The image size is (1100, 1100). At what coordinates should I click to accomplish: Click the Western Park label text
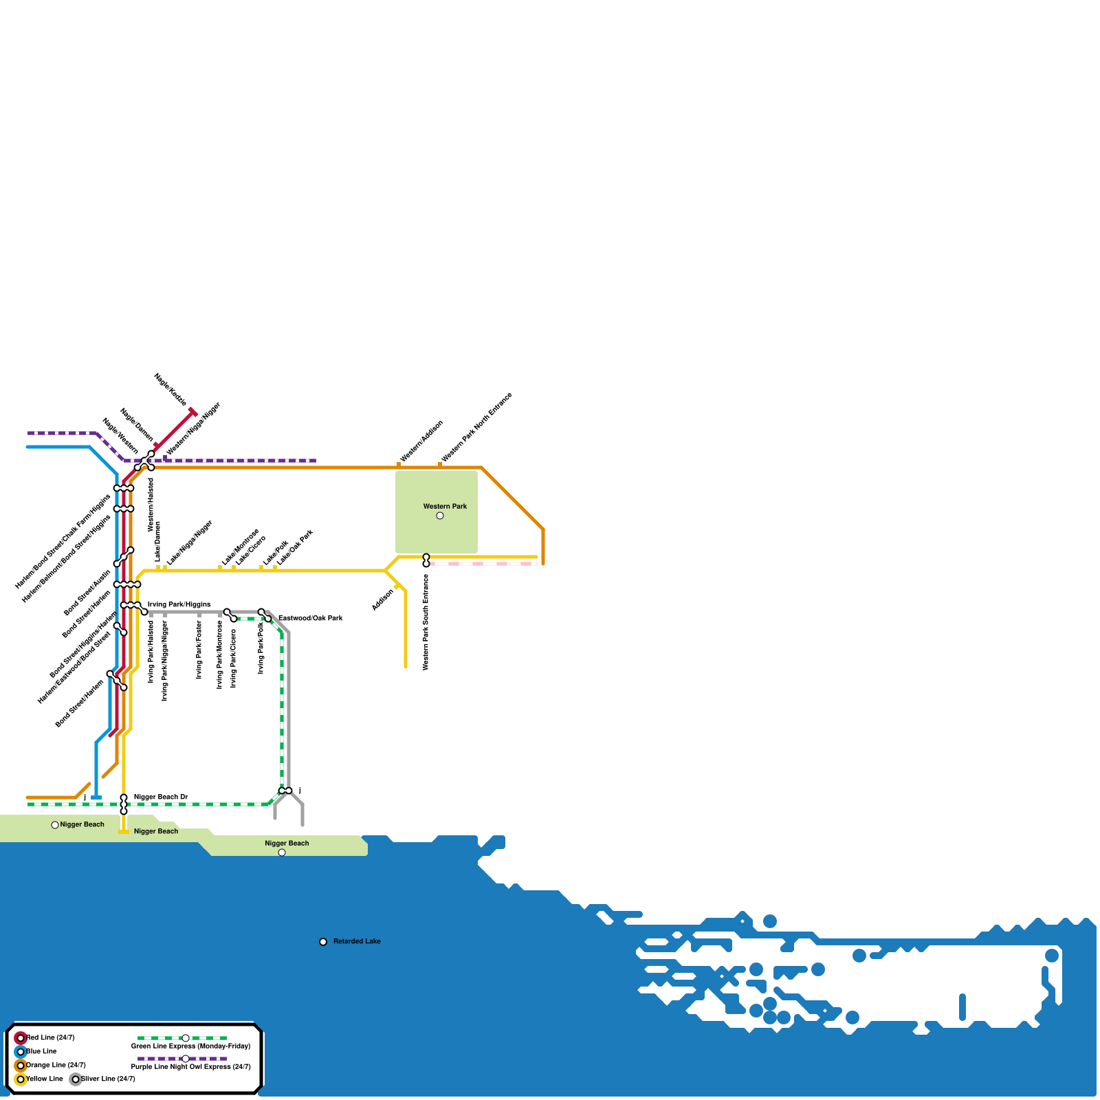click(x=445, y=507)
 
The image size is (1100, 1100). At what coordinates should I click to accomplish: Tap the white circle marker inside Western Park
click(x=440, y=516)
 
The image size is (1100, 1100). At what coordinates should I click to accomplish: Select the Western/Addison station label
click(x=421, y=441)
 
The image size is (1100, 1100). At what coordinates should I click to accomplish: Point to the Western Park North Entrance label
click(x=476, y=427)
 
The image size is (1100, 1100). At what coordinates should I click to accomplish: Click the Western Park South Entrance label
click(x=426, y=622)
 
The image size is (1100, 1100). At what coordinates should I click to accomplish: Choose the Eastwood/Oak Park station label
click(x=310, y=619)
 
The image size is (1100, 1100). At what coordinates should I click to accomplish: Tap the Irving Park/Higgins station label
click(x=179, y=605)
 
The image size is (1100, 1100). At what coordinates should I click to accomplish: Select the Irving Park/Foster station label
click(x=199, y=650)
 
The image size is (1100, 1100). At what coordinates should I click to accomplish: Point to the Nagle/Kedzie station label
click(x=170, y=389)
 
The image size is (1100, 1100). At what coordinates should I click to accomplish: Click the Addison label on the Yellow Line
click(x=383, y=600)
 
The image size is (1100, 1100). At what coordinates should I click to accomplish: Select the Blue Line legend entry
click(x=41, y=1052)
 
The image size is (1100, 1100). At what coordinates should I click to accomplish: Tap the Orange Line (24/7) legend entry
click(x=55, y=1066)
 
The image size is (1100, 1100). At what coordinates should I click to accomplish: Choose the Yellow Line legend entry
click(x=44, y=1079)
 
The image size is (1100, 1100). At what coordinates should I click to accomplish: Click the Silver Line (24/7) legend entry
click(x=107, y=1079)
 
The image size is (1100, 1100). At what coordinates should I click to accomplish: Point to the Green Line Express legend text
click(x=190, y=1046)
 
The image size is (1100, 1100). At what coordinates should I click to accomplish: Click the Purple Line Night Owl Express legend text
click(x=190, y=1067)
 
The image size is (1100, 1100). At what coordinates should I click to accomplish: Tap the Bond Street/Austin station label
click(x=87, y=593)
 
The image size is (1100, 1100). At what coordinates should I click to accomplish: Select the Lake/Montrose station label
click(x=240, y=547)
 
